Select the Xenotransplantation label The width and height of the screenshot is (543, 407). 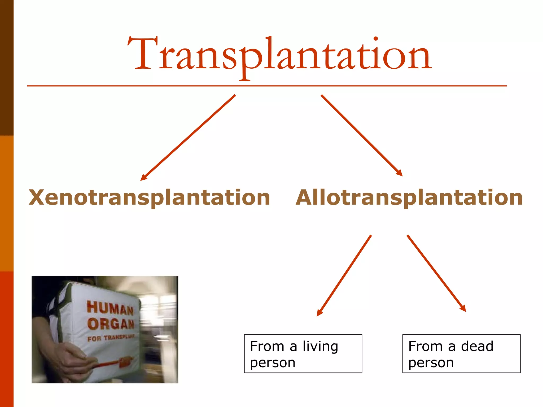pyautogui.click(x=149, y=198)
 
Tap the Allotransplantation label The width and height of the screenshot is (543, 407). pyautogui.click(x=409, y=198)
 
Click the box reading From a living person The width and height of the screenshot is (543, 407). pyautogui.click(x=303, y=354)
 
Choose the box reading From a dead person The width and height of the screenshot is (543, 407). pyautogui.click(x=461, y=354)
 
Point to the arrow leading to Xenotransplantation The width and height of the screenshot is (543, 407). pyautogui.click(x=188, y=138)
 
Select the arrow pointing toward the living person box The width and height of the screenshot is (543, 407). pyautogui.click(x=344, y=276)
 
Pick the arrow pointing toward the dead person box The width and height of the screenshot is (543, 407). pyautogui.click(x=436, y=273)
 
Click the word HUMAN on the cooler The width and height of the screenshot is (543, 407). pyautogui.click(x=110, y=308)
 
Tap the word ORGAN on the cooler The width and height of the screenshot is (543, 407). pyautogui.click(x=111, y=324)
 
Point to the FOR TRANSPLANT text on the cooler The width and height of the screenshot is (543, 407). pyautogui.click(x=111, y=338)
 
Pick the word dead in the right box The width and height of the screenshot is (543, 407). pyautogui.click(x=477, y=346)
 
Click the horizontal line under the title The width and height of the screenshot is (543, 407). pyautogui.click(x=266, y=86)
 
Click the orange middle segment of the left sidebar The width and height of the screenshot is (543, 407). pyautogui.click(x=7, y=203)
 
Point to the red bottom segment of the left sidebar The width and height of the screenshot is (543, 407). pyautogui.click(x=7, y=339)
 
